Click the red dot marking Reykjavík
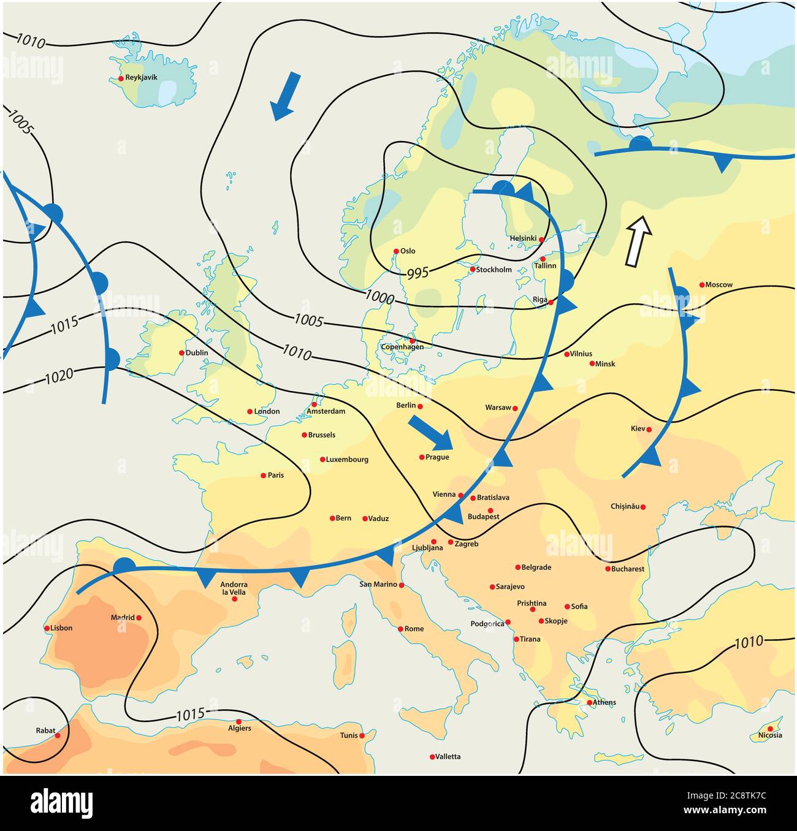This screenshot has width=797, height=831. (x=121, y=78)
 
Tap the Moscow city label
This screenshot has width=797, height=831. (x=719, y=285)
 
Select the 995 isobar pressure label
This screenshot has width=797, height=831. (x=418, y=273)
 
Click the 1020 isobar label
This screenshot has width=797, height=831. (x=59, y=374)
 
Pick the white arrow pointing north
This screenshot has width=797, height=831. (x=638, y=241)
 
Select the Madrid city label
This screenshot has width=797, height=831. (x=122, y=618)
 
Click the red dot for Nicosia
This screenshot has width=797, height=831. (x=770, y=729)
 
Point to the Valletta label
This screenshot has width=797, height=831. (x=448, y=757)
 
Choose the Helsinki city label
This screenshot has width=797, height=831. (x=523, y=238)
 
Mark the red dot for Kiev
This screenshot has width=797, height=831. (x=649, y=430)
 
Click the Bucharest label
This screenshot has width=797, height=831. (x=628, y=569)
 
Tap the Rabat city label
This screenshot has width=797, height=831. (x=45, y=730)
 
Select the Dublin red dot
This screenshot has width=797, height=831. (x=181, y=353)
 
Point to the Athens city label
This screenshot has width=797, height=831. (x=604, y=702)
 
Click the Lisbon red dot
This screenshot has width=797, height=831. (x=47, y=628)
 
